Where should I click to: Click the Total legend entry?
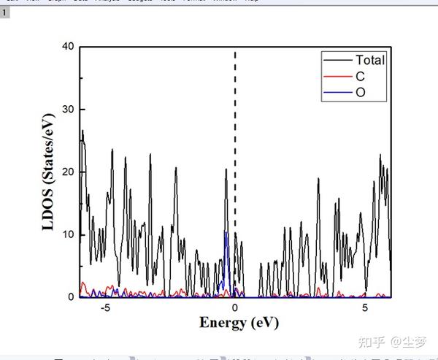(369, 60)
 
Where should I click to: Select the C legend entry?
(360, 76)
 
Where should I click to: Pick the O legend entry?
(361, 92)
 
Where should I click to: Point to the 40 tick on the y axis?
(69, 47)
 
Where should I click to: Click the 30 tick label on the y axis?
(69, 110)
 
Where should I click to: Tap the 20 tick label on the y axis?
(69, 172)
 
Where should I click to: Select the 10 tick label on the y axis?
(69, 234)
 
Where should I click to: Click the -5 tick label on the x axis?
(106, 308)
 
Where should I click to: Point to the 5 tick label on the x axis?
(366, 308)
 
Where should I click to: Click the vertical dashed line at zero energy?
(235, 110)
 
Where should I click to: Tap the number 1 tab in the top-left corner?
(4, 13)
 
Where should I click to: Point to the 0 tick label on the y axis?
(72, 297)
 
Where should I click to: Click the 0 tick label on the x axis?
(235, 308)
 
